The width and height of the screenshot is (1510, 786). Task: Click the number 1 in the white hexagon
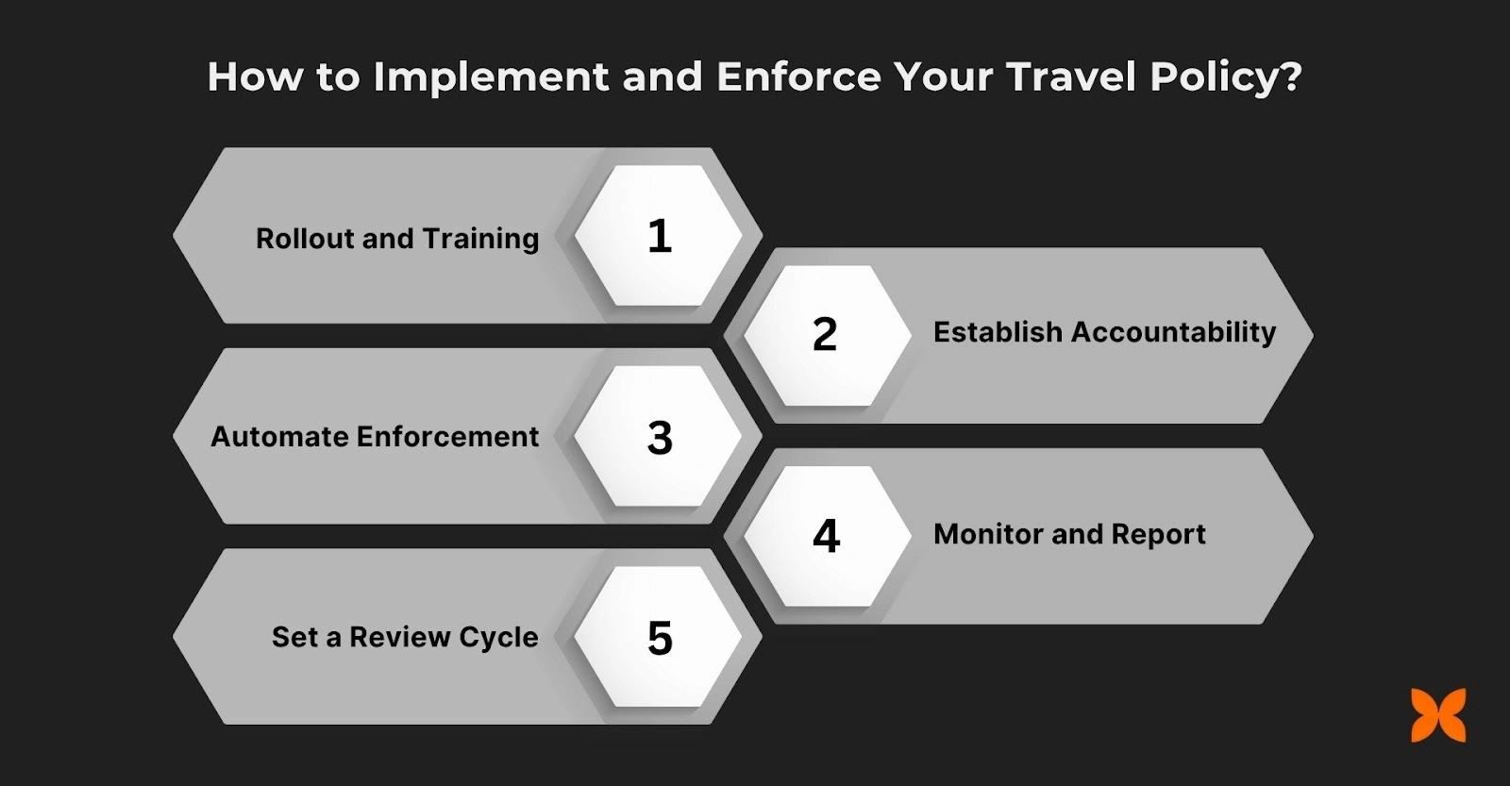point(659,236)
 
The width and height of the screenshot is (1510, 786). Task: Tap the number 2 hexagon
point(825,335)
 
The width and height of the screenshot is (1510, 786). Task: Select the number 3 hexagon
point(659,437)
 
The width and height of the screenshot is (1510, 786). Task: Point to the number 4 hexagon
point(826,536)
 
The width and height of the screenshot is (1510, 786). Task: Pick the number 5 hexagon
point(659,638)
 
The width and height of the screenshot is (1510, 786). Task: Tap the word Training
point(480,240)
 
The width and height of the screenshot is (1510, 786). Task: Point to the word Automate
point(279,437)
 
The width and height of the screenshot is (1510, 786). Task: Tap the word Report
point(1158,535)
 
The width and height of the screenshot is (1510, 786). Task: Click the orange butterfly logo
point(1438,715)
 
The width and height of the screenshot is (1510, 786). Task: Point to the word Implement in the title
point(491,77)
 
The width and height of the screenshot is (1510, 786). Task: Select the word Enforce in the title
point(798,77)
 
